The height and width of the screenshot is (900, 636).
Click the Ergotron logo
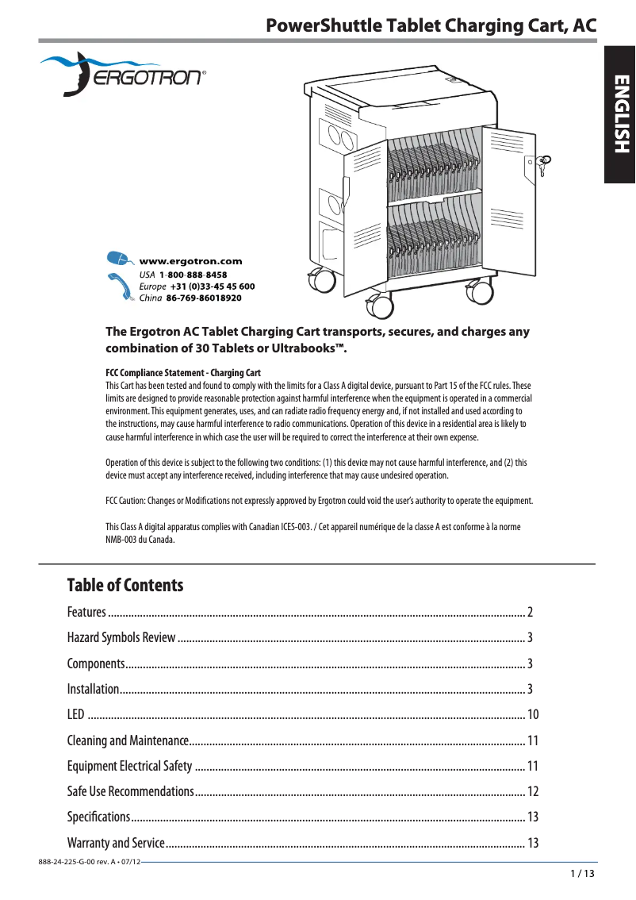122,74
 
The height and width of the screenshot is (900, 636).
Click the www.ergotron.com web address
190,260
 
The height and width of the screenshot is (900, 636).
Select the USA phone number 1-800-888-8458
193,274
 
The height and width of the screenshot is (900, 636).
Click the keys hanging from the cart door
542,166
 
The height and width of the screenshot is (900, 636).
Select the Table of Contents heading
125,586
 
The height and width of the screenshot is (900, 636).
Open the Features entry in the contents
86,612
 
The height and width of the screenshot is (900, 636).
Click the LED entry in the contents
76,715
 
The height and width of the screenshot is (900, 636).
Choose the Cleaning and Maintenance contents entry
127,740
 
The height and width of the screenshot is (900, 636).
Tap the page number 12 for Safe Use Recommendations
533,791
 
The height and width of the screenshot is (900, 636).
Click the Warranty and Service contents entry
116,843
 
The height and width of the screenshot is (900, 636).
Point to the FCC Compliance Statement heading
183,373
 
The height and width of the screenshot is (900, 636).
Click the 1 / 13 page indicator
581,874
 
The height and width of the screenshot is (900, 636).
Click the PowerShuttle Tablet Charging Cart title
431,26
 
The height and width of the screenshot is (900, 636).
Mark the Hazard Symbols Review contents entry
121,637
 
